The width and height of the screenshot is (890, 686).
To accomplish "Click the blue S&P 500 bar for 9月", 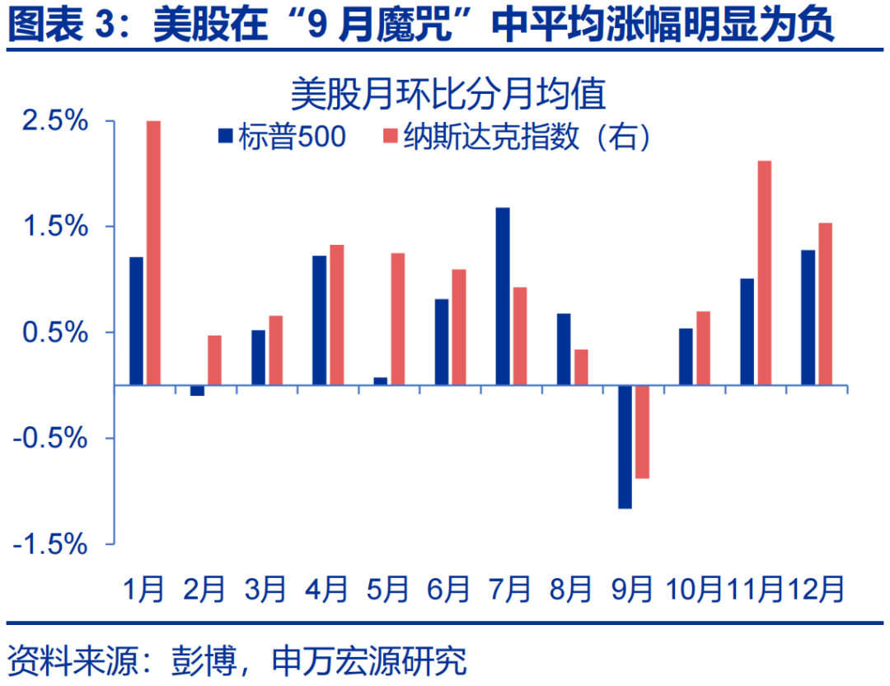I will [625, 446].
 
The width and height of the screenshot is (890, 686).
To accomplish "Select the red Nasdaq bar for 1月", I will [153, 252].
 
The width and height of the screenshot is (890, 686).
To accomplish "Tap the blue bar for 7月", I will [503, 296].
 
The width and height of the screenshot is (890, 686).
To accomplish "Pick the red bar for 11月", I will [764, 272].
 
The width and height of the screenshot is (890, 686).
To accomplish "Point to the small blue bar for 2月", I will [197, 390].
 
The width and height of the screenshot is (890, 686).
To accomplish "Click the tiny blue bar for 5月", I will [380, 381].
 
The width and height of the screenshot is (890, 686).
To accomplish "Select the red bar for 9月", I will [642, 431].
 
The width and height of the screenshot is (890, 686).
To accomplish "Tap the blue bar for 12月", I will [808, 317].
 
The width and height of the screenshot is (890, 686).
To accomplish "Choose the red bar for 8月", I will [581, 367].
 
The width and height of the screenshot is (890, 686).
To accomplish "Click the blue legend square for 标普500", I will [225, 137].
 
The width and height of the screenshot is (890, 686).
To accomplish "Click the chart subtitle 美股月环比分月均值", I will [448, 93].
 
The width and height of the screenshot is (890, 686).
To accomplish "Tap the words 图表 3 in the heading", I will [61, 26].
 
